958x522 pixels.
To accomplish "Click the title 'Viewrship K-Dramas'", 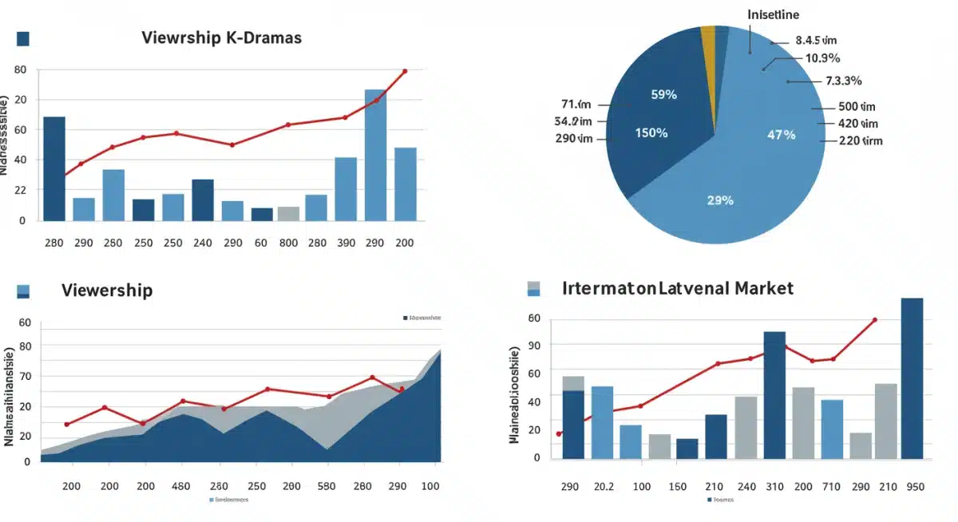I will click(221, 38).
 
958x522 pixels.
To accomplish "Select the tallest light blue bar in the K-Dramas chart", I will click(375, 155).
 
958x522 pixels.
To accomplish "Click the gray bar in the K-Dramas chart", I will click(288, 213).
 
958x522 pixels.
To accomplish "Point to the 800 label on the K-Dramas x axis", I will click(288, 243).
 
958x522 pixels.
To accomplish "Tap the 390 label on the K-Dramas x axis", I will click(346, 243).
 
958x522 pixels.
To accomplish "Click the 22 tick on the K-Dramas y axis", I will click(20, 190).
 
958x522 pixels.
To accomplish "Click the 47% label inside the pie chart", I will click(781, 135).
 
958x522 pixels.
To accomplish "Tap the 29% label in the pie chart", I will click(719, 200).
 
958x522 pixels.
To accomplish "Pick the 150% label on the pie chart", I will click(651, 132).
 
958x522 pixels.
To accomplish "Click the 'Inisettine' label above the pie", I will click(773, 14).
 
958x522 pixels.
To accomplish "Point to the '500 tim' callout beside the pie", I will click(857, 107).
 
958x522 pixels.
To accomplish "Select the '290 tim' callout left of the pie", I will click(573, 138).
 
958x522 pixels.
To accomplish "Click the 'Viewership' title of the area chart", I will click(107, 289).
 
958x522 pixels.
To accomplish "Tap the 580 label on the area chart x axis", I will click(325, 486).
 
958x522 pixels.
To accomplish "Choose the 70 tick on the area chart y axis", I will click(25, 376).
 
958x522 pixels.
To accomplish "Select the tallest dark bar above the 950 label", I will click(912, 378).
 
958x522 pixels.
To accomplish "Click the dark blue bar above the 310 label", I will click(774, 395).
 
